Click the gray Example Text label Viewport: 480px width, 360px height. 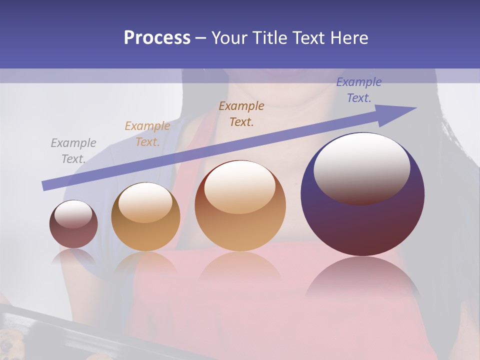point(73,151)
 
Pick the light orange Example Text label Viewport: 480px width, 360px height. point(147,134)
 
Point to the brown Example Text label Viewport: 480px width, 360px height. point(241,113)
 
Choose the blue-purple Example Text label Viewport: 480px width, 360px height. point(359,90)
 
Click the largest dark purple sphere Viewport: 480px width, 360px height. point(362,220)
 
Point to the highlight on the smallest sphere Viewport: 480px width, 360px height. point(73,214)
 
